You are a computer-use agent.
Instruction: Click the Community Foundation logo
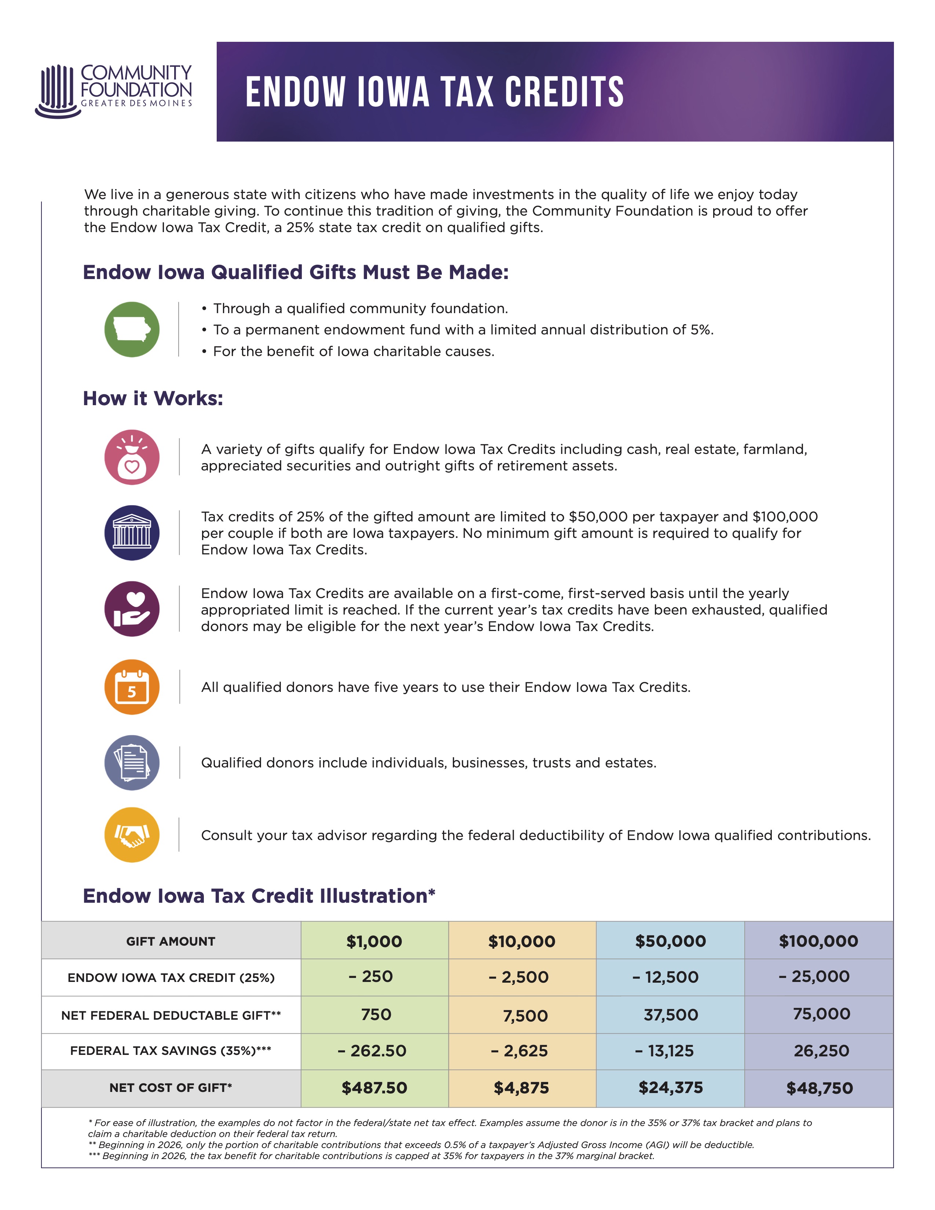114,91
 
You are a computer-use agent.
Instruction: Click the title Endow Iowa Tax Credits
435,92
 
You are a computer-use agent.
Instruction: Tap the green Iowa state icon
132,330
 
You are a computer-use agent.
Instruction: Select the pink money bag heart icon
132,457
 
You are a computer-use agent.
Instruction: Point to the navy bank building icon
132,533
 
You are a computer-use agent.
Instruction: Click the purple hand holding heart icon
132,609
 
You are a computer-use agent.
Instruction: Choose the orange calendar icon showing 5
132,687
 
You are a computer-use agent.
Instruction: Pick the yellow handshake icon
132,835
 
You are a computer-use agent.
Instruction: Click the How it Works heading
153,398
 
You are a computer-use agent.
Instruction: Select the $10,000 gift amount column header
522,941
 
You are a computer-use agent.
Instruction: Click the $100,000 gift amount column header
818,941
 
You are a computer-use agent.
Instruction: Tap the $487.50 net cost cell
374,1088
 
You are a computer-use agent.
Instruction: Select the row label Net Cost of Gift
170,1088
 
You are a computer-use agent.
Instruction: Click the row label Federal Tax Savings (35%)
170,1050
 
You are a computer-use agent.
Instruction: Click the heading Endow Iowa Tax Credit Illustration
258,896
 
